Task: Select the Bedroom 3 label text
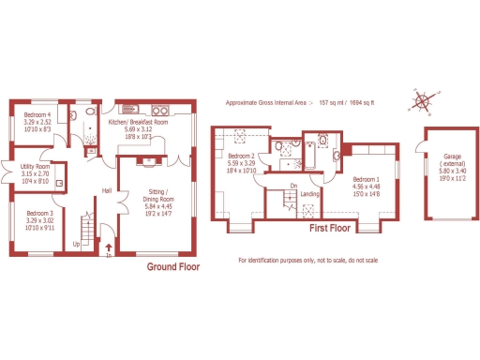[38, 213]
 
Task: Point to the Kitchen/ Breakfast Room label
[138, 123]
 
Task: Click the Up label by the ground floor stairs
[76, 243]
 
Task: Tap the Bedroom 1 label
[366, 179]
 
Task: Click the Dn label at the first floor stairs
[293, 186]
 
